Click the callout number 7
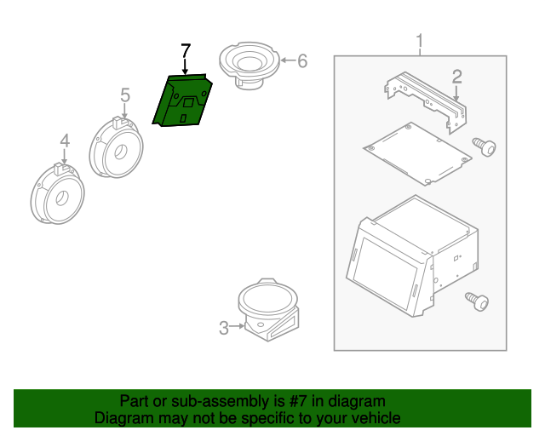(x=186, y=51)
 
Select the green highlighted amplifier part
(x=182, y=100)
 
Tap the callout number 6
(x=302, y=60)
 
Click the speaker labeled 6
(x=250, y=66)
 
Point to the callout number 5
(x=125, y=95)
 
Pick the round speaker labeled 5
(x=116, y=147)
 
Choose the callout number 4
(x=65, y=141)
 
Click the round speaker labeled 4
(x=57, y=193)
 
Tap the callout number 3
(x=224, y=328)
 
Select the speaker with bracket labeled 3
(x=268, y=309)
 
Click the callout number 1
(x=420, y=40)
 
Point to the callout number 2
(x=457, y=77)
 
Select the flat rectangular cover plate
(x=417, y=153)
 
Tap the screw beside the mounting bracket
(x=485, y=147)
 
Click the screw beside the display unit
(x=477, y=301)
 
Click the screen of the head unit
(x=385, y=273)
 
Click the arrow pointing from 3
(x=238, y=326)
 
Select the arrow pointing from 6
(x=288, y=60)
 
